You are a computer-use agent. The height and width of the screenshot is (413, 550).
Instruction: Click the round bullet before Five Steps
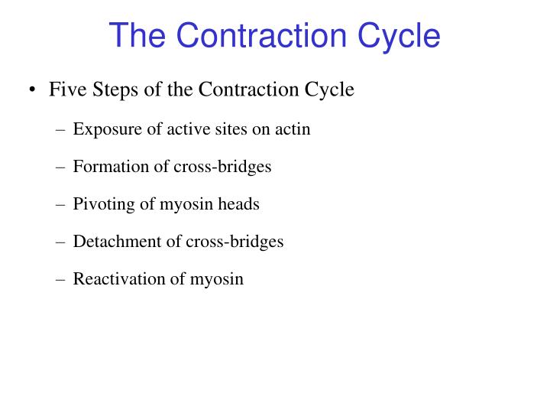coord(32,90)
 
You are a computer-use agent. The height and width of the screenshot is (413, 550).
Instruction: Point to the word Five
coord(65,89)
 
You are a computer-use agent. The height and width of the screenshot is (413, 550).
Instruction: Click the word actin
coord(293,128)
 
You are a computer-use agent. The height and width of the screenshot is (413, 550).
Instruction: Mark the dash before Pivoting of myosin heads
coord(61,205)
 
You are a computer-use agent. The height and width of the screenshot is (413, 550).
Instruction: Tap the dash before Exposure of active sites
coord(61,129)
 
